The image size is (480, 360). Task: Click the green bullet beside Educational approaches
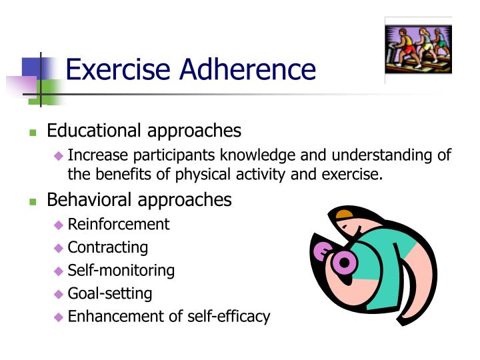32,132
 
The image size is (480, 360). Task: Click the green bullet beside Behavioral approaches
32,201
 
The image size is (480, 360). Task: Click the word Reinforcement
119,224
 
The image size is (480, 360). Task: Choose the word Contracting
108,247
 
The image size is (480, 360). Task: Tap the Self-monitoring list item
121,270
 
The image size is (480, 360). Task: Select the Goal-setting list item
110,293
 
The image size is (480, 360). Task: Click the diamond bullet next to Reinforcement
59,225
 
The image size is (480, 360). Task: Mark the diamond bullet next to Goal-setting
59,294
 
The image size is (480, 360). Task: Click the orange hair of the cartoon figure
344,215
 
